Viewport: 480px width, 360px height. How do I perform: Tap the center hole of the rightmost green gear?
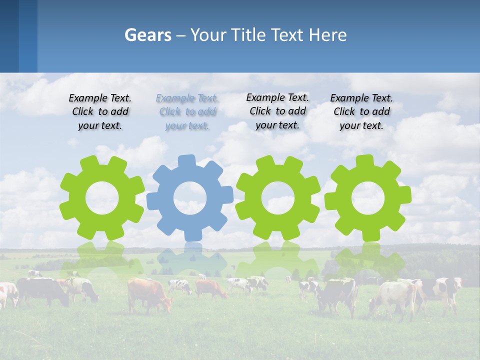[368, 197]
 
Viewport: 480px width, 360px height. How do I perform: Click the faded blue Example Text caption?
[187, 112]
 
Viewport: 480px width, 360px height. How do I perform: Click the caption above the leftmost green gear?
[100, 112]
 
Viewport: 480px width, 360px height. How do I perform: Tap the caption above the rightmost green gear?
[361, 112]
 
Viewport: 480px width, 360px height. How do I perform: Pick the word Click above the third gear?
[260, 111]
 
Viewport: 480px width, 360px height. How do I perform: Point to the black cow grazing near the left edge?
[42, 290]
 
